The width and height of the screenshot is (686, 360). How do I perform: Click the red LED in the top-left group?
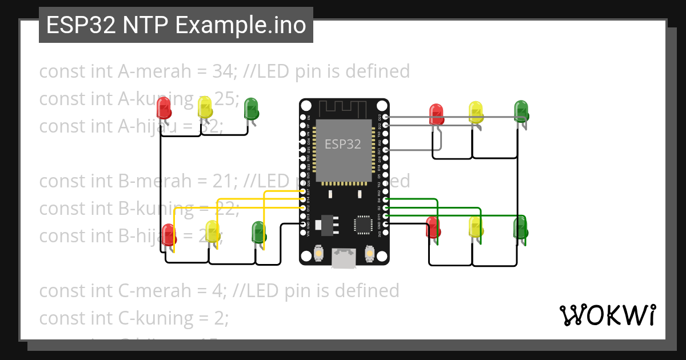(163, 107)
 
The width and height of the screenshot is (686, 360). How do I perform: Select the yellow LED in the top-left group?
(205, 107)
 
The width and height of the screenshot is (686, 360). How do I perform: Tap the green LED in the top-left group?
(251, 109)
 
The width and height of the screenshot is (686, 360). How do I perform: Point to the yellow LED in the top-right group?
(476, 112)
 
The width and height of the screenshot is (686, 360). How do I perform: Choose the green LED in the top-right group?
(521, 111)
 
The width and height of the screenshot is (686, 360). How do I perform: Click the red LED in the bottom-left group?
(168, 235)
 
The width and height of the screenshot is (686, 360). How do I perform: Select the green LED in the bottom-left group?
(259, 233)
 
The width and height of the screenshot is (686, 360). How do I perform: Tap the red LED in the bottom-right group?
(433, 227)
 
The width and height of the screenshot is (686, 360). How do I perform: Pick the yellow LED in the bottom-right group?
(475, 227)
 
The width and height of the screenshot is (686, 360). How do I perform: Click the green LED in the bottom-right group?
(520, 227)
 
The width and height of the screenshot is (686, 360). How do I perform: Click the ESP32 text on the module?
(343, 144)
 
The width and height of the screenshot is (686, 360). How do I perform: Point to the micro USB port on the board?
(343, 258)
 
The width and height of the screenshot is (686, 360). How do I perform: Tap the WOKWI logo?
(607, 315)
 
